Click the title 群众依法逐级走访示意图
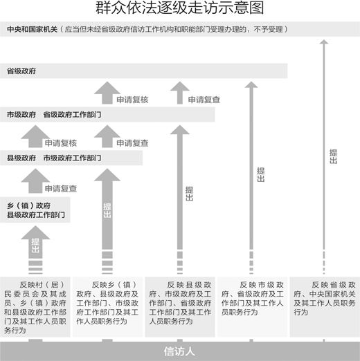point(180,8)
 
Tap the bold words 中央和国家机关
point(33,29)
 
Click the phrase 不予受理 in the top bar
point(268,29)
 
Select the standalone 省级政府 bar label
point(21,71)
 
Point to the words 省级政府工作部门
point(72,115)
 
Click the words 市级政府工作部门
point(72,158)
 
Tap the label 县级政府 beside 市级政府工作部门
point(21,158)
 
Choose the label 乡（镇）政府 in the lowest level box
point(28,205)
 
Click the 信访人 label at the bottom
point(179,351)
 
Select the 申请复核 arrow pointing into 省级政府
point(107,93)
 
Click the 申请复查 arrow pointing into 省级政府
point(180,93)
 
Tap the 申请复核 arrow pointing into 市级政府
point(35,136)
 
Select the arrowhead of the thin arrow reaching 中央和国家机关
point(324,41)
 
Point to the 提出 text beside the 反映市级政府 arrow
point(261,174)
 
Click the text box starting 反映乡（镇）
point(108,307)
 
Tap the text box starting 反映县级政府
point(180,307)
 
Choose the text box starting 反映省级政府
point(325,307)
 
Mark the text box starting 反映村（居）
point(35,307)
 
